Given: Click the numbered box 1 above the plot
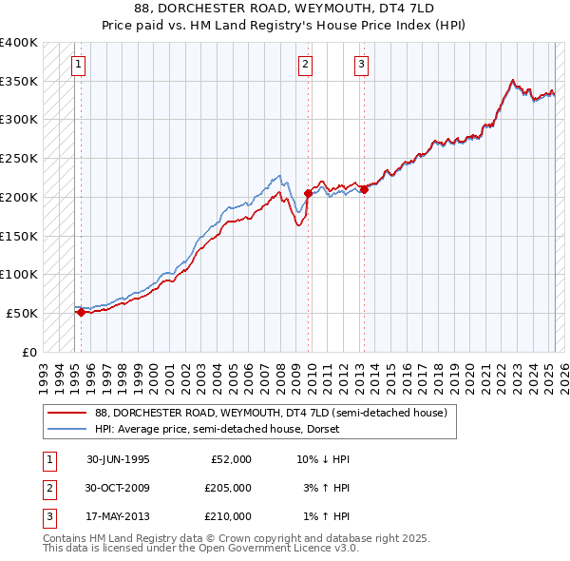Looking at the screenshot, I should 77,65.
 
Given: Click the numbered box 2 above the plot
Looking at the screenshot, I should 305,65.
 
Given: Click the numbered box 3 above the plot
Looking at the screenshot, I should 361,65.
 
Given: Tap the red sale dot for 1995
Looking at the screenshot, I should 81,311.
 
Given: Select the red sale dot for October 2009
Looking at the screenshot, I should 308,193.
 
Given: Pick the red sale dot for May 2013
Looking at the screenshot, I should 364,189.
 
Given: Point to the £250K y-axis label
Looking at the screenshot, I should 18,159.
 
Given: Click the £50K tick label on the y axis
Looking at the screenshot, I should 22,313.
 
